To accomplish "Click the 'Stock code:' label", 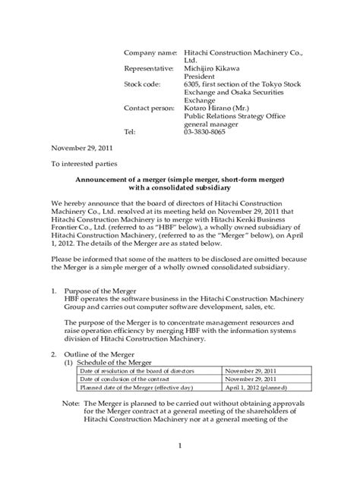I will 141,85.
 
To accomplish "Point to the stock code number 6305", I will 194,85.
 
